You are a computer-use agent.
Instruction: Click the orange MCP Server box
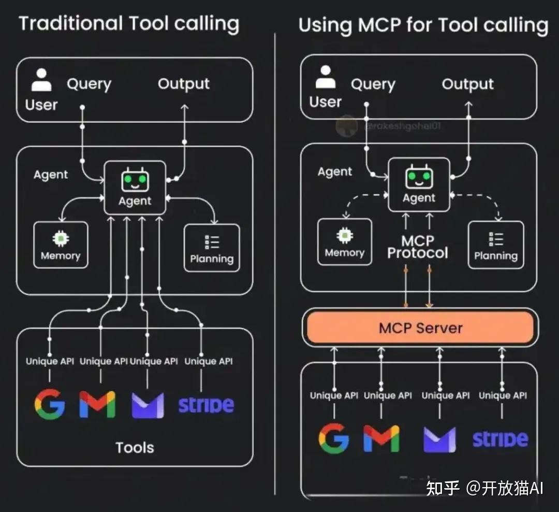pyautogui.click(x=420, y=328)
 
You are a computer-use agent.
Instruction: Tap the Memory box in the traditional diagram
pyautogui.click(x=61, y=245)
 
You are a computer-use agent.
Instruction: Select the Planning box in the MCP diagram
pyautogui.click(x=496, y=245)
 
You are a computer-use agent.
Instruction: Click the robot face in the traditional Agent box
pyautogui.click(x=135, y=181)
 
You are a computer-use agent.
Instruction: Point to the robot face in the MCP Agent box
pyautogui.click(x=419, y=178)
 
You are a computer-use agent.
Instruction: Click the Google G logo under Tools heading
pyautogui.click(x=50, y=404)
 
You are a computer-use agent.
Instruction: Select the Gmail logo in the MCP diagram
pyautogui.click(x=381, y=438)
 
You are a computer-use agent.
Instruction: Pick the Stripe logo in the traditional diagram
pyautogui.click(x=206, y=405)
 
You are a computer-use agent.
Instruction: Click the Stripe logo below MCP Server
pyautogui.click(x=500, y=439)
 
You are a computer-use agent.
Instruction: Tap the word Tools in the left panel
pyautogui.click(x=135, y=447)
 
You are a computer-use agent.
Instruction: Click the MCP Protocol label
pyautogui.click(x=418, y=247)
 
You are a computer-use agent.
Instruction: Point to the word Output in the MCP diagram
pyautogui.click(x=467, y=84)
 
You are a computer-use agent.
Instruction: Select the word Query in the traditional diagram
pyautogui.click(x=89, y=84)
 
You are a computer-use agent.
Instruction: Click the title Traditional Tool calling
pyautogui.click(x=129, y=24)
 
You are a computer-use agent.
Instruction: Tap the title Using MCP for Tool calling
pyautogui.click(x=423, y=25)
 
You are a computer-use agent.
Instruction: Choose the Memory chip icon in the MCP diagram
pyautogui.click(x=345, y=236)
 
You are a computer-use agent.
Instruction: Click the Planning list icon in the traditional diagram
pyautogui.click(x=212, y=242)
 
